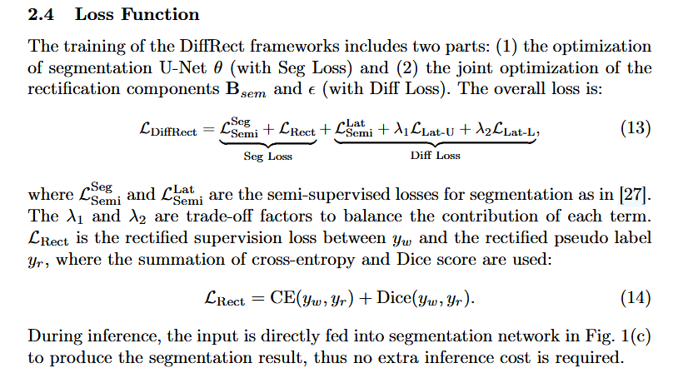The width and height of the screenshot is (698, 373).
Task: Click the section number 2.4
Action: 41,14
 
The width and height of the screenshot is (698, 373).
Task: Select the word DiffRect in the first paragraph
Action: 212,47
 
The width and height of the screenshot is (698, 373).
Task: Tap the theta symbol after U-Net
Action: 217,67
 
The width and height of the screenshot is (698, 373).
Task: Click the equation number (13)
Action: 636,128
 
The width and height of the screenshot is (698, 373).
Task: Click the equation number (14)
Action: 636,297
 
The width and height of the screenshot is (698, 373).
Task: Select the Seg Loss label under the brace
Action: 268,157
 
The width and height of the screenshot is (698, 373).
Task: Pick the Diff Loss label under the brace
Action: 436,156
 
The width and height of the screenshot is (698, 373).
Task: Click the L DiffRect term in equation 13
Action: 167,130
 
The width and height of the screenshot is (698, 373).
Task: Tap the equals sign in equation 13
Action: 208,130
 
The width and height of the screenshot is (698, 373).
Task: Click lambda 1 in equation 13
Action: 401,129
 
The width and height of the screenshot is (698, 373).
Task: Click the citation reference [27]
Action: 636,195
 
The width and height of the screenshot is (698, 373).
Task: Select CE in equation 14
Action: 282,297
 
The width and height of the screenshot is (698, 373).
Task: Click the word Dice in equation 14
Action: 393,297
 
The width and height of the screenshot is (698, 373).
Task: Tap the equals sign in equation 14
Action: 257,298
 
